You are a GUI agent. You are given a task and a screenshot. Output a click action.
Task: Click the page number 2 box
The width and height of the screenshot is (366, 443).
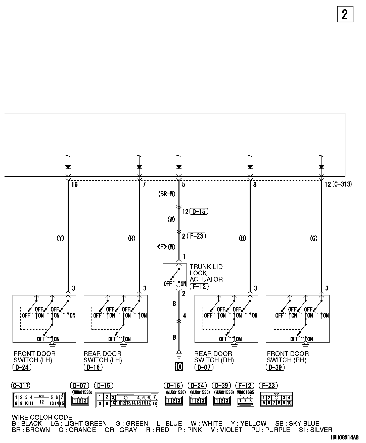click(x=345, y=14)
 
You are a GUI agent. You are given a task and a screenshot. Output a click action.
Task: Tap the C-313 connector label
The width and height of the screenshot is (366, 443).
click(x=342, y=184)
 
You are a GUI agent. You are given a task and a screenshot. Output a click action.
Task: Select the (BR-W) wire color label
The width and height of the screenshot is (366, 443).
click(x=167, y=194)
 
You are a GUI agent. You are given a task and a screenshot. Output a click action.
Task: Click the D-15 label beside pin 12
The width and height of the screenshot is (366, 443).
click(x=199, y=211)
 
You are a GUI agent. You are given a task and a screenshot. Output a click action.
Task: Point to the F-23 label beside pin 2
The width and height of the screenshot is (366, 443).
click(x=197, y=236)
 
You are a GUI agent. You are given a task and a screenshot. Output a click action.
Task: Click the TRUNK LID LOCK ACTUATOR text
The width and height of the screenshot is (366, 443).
click(x=206, y=273)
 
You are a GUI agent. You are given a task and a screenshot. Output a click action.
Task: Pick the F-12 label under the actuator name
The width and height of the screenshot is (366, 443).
click(x=199, y=286)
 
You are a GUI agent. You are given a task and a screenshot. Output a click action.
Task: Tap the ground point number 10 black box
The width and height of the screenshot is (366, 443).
click(x=179, y=367)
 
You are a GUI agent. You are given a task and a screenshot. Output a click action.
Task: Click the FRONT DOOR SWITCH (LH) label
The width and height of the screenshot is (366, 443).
click(x=34, y=357)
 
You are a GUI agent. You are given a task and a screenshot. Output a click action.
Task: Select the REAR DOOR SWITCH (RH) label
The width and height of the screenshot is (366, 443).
click(x=214, y=357)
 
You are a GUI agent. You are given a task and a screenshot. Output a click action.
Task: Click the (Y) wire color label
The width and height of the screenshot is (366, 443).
click(x=60, y=238)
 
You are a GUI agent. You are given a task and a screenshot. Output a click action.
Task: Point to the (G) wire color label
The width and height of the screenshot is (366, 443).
click(x=314, y=238)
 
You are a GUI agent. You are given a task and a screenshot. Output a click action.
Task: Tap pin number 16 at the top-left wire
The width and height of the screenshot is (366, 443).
click(x=74, y=185)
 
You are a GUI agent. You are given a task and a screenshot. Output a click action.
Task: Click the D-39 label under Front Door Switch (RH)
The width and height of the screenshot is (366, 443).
click(x=275, y=367)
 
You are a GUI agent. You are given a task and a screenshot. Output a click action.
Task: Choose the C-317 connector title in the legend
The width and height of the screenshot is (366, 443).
click(x=21, y=385)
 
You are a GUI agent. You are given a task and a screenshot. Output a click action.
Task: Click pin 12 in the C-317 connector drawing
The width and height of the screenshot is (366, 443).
click(x=41, y=402)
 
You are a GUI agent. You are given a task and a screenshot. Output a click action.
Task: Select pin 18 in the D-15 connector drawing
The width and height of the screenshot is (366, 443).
click(x=155, y=404)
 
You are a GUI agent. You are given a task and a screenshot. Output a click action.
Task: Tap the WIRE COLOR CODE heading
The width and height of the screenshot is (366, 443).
click(x=42, y=418)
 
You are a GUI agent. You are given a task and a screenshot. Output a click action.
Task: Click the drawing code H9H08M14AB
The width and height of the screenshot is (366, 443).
click(x=345, y=438)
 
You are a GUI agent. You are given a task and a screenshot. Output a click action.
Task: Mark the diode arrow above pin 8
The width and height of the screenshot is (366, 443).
click(x=250, y=167)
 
